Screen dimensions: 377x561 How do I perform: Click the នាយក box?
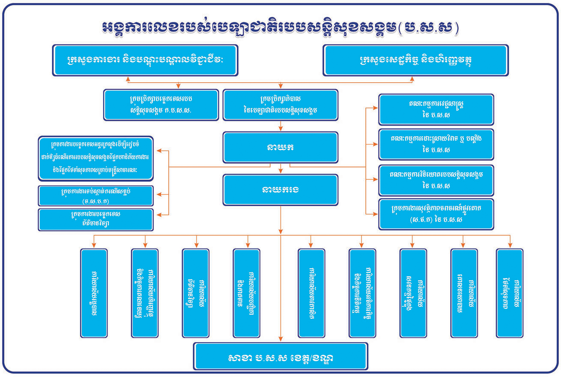[280, 147]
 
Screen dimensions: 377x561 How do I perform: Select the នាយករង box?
[280, 189]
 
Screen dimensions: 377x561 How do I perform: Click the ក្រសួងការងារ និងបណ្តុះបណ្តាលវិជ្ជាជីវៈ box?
[145, 60]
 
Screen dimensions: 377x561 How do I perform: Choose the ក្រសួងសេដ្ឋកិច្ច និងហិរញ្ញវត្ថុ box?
[416, 60]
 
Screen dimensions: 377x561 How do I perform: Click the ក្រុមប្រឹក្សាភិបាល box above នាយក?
[280, 104]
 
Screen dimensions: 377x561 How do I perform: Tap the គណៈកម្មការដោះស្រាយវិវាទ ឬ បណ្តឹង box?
[436, 144]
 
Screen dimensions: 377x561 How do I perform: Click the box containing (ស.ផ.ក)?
[436, 214]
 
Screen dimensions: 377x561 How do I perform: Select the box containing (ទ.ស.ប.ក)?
[95, 196]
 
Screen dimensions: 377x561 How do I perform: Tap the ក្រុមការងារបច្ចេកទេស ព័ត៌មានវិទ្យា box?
[95, 219]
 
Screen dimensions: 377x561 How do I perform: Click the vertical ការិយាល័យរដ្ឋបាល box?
[94, 293]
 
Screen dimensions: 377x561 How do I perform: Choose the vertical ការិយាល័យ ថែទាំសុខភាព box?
[510, 293]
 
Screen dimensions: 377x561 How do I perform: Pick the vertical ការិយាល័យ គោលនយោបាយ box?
[464, 293]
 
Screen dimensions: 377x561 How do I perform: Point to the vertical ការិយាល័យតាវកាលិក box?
[311, 293]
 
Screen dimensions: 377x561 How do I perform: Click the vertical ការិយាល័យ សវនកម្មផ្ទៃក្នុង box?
[413, 293]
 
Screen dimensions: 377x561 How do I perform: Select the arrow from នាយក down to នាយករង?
[280, 169]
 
